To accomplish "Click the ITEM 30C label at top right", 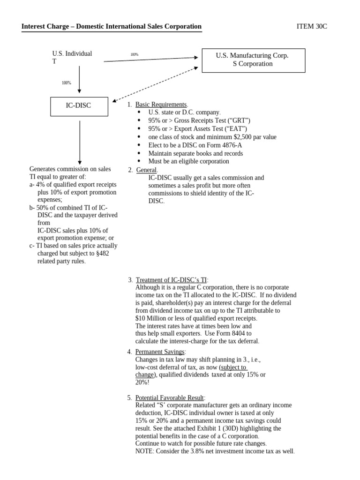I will [312, 26].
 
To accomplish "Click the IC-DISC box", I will [79, 106].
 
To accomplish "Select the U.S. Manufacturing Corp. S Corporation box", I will [253, 60].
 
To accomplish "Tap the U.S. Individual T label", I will [72, 57].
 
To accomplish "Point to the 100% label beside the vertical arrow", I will [67, 83].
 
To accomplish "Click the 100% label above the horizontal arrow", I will [135, 55].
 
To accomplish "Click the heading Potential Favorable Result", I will [170, 397].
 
